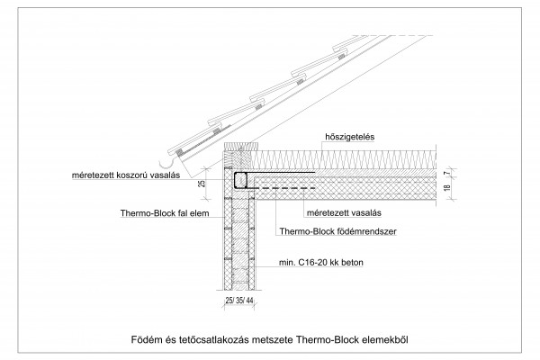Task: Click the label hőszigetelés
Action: (349, 137)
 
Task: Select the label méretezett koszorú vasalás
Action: (126, 175)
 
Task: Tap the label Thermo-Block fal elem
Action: (165, 213)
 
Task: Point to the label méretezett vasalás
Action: (344, 213)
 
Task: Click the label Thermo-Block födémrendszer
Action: (337, 231)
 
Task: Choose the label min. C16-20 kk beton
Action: (321, 263)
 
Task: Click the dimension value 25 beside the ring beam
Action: (202, 184)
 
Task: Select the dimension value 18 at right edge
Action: (447, 188)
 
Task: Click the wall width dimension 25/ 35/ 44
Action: (239, 301)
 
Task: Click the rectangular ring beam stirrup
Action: (240, 180)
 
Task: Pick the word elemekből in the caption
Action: (385, 339)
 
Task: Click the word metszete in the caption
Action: (273, 339)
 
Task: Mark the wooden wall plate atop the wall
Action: (241, 146)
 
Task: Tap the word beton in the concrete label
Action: (352, 263)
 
